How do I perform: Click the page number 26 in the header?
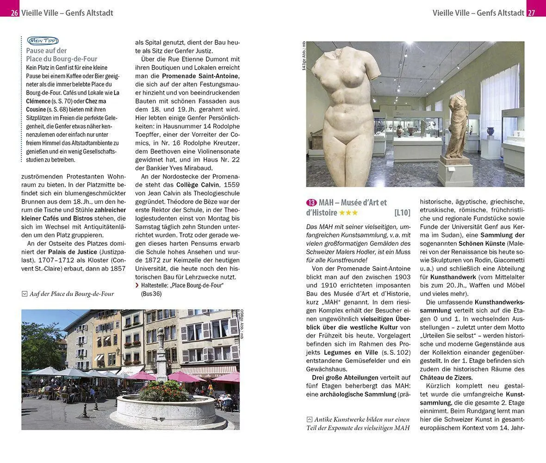click(x=14, y=13)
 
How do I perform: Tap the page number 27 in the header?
click(x=531, y=13)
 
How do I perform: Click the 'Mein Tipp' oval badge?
click(x=43, y=41)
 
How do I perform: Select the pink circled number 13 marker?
click(x=311, y=202)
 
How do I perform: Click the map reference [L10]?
click(x=402, y=213)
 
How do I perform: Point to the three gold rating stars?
click(x=348, y=213)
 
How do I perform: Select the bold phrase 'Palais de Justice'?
click(x=73, y=252)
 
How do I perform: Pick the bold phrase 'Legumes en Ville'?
click(x=334, y=352)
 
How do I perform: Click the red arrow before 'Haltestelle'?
click(x=136, y=286)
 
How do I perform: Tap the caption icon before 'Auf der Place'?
click(x=25, y=294)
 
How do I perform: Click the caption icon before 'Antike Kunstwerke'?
click(x=310, y=419)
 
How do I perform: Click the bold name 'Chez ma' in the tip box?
click(x=96, y=100)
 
